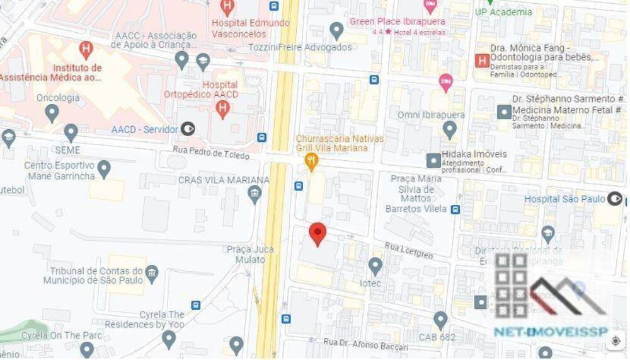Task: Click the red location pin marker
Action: (x=318, y=234)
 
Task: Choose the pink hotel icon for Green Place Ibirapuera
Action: (x=431, y=6)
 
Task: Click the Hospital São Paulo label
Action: (x=565, y=199)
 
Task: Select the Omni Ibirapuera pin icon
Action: (x=449, y=130)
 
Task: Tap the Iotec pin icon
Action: (x=375, y=266)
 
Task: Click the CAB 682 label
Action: (x=437, y=337)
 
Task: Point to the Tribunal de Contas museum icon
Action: (x=152, y=272)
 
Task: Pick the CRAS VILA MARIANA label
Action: (x=223, y=180)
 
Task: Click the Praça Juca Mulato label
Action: (x=250, y=253)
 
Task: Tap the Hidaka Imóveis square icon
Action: (x=433, y=160)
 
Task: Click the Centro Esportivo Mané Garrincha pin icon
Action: (x=104, y=168)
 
